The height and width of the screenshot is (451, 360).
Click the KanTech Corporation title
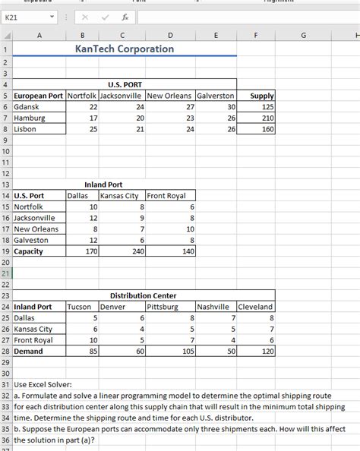point(125,49)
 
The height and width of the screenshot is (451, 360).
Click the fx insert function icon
point(122,16)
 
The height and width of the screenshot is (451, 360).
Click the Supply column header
point(261,96)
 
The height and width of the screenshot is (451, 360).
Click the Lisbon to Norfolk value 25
point(93,129)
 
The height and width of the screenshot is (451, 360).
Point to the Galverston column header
point(216,96)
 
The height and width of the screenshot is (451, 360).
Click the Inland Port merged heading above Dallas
point(104,184)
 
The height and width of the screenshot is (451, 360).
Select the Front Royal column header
point(166,196)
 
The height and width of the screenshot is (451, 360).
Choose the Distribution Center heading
point(144,295)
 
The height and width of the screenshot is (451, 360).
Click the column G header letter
point(304,35)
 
